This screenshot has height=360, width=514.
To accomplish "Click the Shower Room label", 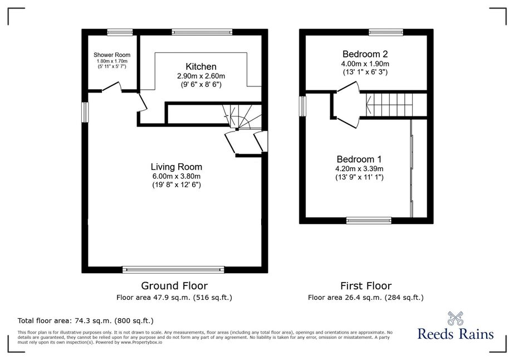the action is pyautogui.click(x=112, y=55).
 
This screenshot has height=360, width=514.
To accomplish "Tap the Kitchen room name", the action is pyautogui.click(x=201, y=67).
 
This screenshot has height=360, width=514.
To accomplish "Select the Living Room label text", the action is pyautogui.click(x=177, y=167).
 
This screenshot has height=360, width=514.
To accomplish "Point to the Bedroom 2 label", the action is pyautogui.click(x=365, y=54).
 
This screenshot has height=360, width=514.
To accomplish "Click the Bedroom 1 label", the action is pyautogui.click(x=359, y=159).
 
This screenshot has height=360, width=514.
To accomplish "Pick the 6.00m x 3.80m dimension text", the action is pyautogui.click(x=177, y=176).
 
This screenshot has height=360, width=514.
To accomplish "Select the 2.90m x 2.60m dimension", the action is pyautogui.click(x=201, y=76).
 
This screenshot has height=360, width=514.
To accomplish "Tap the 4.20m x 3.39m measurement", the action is pyautogui.click(x=359, y=169).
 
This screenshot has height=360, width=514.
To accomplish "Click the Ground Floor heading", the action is pyautogui.click(x=174, y=285).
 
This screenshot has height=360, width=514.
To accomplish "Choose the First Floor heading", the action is pyautogui.click(x=366, y=286).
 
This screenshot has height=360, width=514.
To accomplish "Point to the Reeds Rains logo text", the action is pyautogui.click(x=456, y=334).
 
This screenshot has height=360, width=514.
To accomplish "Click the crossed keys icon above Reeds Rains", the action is pyautogui.click(x=456, y=318).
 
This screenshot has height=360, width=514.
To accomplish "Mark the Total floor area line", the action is pyautogui.click(x=86, y=320).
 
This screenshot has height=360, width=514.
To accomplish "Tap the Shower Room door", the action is pyautogui.click(x=111, y=87).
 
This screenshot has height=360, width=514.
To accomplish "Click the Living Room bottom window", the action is pyautogui.click(x=173, y=269).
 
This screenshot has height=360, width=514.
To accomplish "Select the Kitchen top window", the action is pyautogui.click(x=202, y=32).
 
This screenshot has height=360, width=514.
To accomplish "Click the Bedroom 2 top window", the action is pyautogui.click(x=386, y=32).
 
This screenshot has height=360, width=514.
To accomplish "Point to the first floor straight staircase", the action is pyautogui.click(x=389, y=104).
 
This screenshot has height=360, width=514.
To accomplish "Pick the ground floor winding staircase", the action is pyautogui.click(x=243, y=116).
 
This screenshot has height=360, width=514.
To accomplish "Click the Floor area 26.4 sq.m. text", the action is pyautogui.click(x=366, y=298).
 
